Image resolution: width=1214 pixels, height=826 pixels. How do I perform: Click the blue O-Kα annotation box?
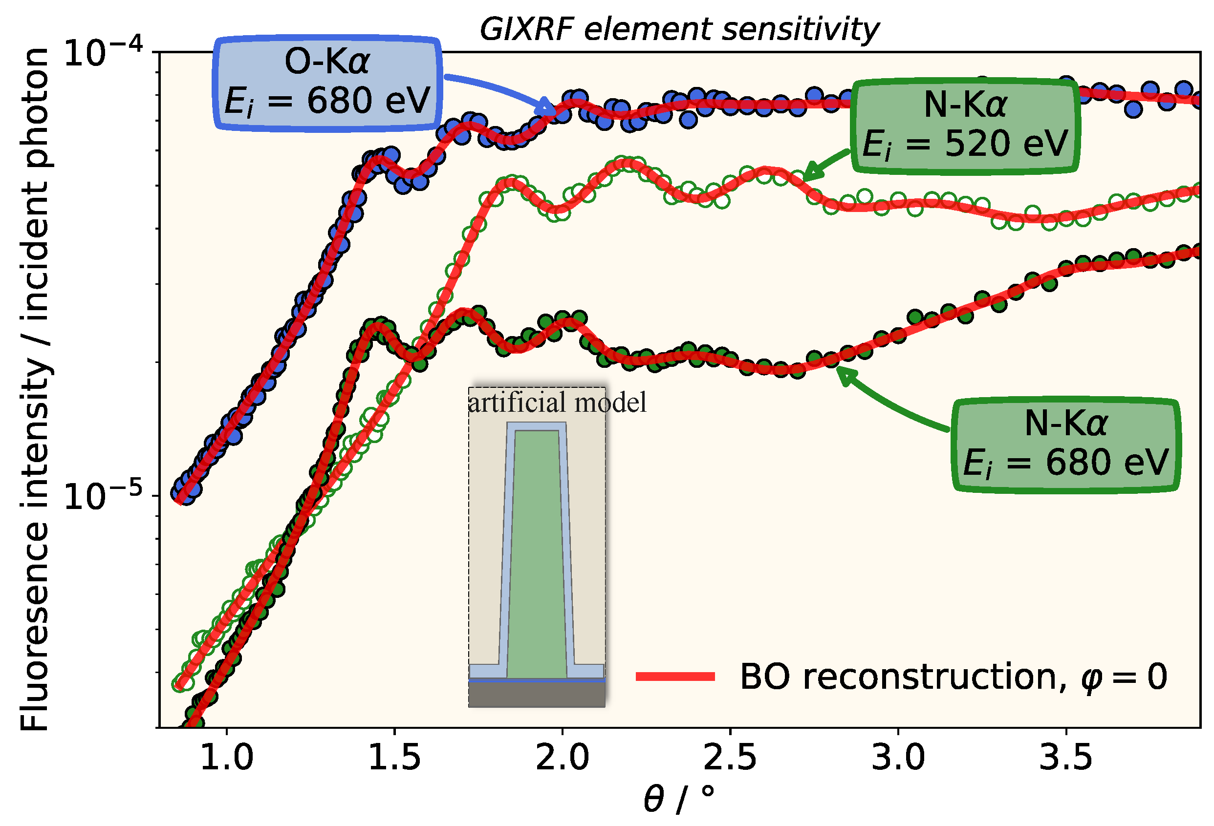(327, 83)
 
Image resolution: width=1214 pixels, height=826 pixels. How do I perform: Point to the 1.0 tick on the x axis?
(227, 758)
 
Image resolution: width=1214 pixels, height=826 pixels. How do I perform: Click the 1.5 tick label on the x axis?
(394, 758)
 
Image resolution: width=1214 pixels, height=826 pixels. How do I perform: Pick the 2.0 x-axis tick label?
(562, 758)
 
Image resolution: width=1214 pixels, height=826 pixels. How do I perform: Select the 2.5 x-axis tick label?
(730, 758)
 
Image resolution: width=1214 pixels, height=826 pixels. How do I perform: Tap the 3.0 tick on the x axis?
(898, 758)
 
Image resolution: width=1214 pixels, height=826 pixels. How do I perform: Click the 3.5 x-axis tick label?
(1065, 758)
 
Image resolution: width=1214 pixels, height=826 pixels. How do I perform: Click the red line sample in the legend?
(675, 677)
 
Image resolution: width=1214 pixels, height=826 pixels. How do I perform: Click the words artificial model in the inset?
(557, 402)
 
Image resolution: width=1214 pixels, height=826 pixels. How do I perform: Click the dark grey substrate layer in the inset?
(537, 695)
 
